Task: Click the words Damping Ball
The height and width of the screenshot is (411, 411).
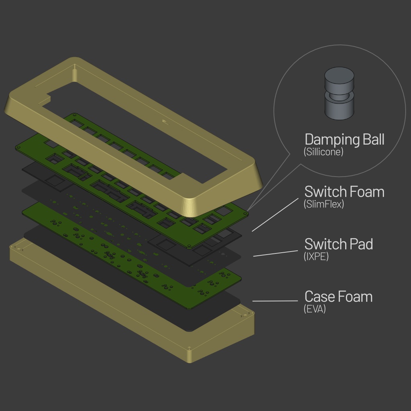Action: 344,140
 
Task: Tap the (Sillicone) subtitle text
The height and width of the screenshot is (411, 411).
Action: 324,152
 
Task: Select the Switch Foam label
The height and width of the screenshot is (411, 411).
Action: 344,191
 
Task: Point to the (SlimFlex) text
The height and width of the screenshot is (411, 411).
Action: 324,204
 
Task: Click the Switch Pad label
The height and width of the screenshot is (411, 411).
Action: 339,244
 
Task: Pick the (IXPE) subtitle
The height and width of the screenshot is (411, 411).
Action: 316,256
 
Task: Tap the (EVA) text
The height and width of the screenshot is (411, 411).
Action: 315,309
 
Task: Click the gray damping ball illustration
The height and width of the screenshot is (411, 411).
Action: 339,93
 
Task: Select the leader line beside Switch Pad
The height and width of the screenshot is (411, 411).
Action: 275,253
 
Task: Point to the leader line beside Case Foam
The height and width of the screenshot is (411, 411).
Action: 275,301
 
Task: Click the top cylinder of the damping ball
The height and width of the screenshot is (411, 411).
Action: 339,80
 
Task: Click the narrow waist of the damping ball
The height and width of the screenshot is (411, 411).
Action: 339,96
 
